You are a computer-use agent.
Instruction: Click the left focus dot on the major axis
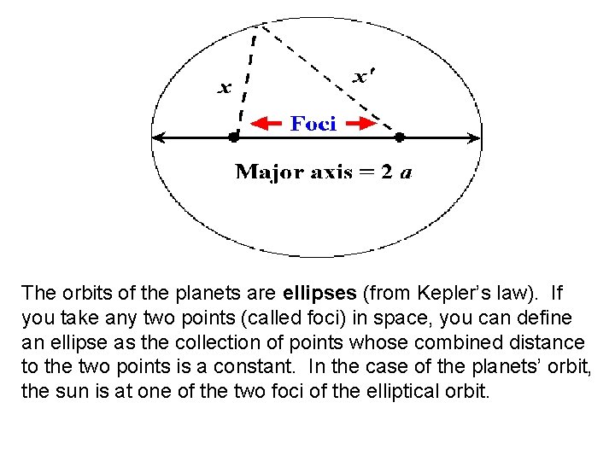(x=233, y=136)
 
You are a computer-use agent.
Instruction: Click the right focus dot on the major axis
(x=399, y=136)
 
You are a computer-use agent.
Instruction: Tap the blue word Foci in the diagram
(x=313, y=124)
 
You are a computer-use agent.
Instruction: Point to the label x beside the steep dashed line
(x=225, y=87)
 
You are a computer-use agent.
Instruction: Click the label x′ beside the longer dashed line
(x=361, y=77)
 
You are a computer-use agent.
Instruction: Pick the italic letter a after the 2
(x=407, y=172)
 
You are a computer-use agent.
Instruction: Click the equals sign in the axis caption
(x=369, y=172)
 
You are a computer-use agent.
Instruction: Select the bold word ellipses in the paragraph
(x=320, y=294)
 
